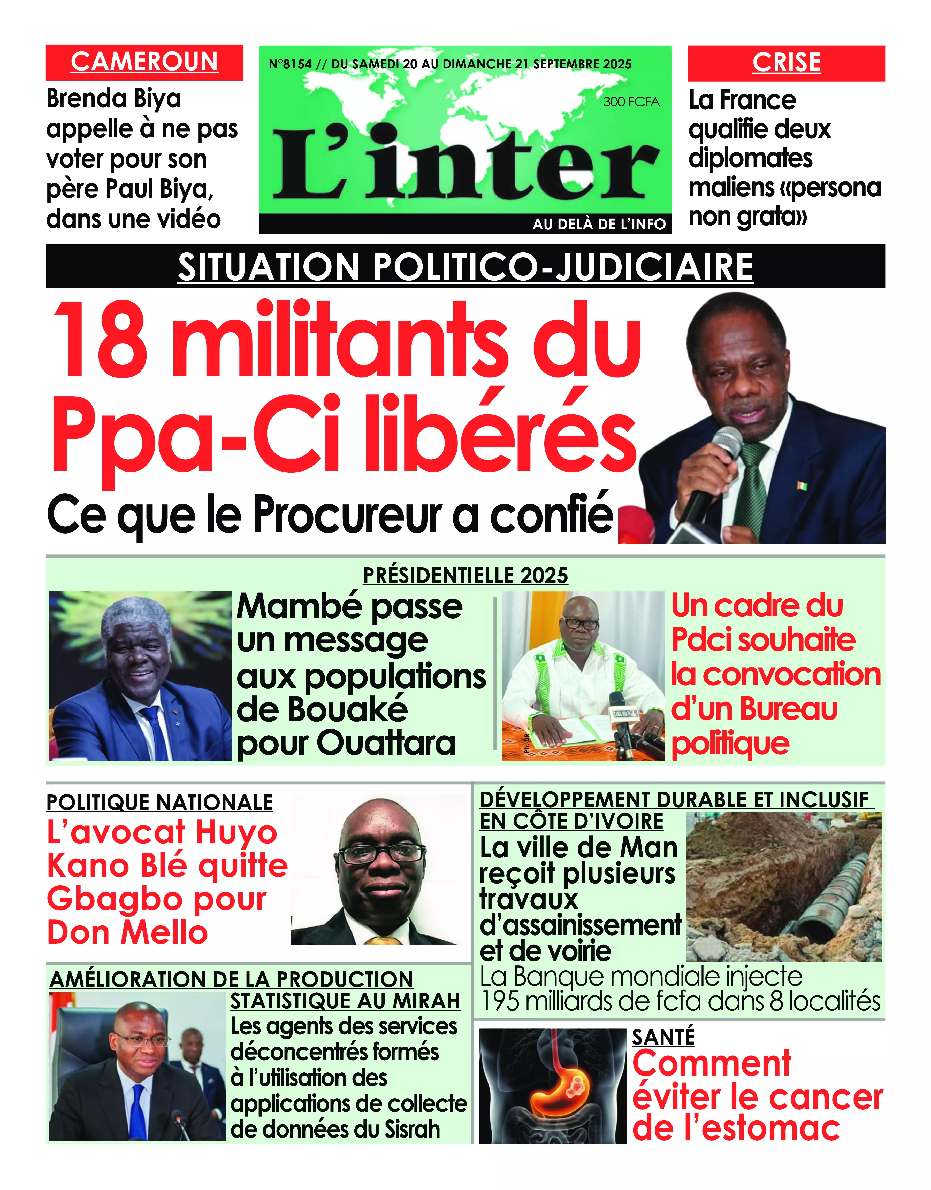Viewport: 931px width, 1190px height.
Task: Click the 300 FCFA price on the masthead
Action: click(631, 102)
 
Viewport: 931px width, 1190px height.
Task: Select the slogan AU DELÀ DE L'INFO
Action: click(599, 224)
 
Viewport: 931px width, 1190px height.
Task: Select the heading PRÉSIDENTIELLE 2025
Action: click(465, 575)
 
